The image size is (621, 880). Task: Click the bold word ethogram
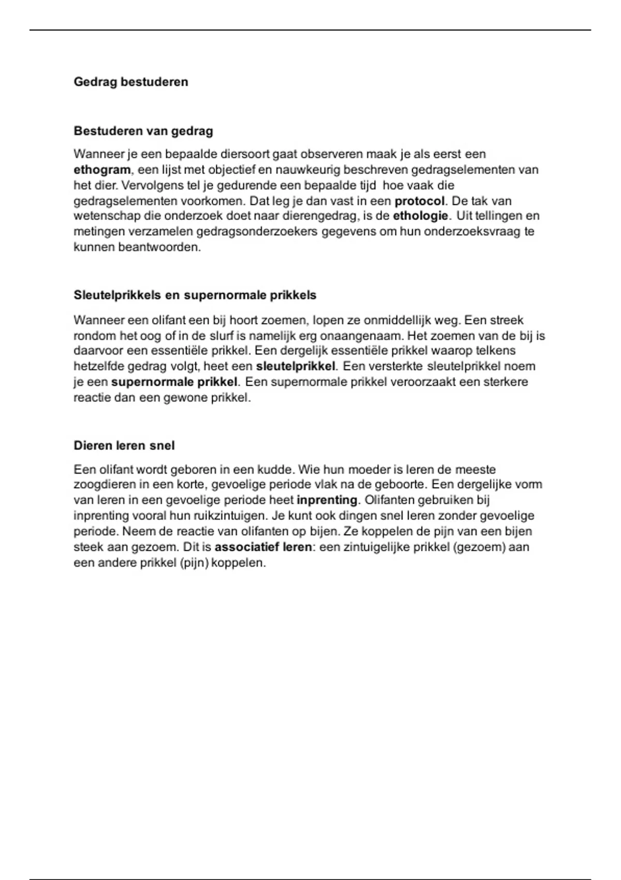click(x=102, y=170)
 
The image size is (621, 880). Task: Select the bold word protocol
click(x=419, y=201)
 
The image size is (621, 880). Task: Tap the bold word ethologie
click(x=421, y=216)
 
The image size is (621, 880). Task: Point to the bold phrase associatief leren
click(x=263, y=547)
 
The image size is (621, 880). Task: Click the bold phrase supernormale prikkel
click(x=174, y=382)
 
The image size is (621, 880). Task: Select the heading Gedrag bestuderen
click(x=131, y=82)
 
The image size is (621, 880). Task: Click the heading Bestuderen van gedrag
click(x=143, y=131)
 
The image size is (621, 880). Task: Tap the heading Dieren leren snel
click(x=124, y=446)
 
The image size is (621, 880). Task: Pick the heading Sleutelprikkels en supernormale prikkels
click(x=195, y=295)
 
